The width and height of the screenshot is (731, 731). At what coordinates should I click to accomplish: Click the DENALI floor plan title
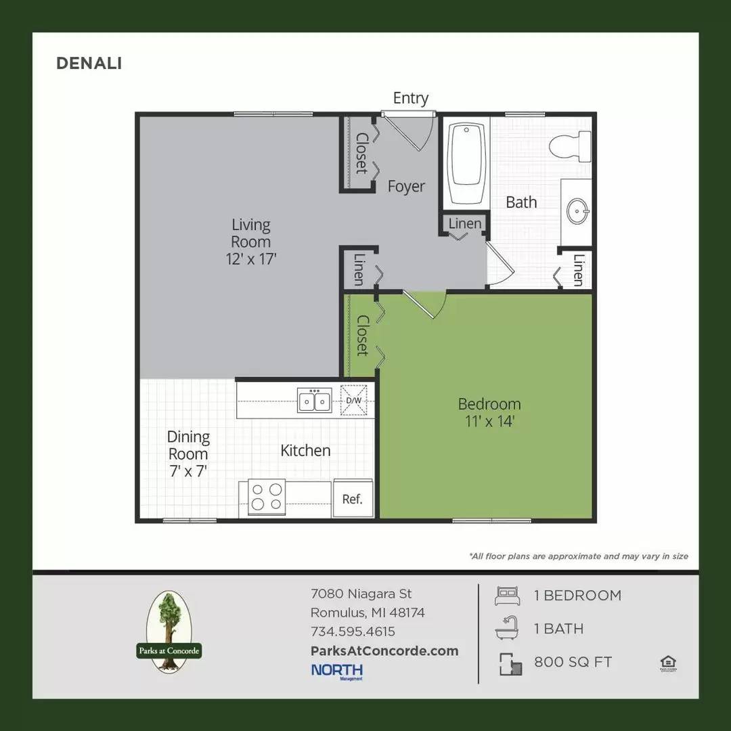[x=89, y=63]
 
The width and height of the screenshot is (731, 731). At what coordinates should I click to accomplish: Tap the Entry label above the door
[x=410, y=98]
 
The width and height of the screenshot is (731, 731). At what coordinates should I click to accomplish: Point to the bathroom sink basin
[x=577, y=211]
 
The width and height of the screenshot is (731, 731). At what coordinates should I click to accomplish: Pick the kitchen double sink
[x=315, y=401]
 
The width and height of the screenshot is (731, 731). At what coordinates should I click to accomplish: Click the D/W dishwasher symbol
[x=353, y=400]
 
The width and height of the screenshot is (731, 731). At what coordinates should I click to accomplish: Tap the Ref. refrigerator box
[x=352, y=500]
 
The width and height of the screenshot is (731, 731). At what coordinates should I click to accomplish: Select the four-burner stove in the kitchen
[x=267, y=495]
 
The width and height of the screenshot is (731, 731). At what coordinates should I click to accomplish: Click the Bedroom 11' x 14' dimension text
[x=489, y=422]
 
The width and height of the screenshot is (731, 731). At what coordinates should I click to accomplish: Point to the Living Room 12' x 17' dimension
[x=250, y=258]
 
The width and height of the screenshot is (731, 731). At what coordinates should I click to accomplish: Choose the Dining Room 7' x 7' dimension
[x=188, y=470]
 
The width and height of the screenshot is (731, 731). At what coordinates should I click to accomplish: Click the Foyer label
[x=406, y=186]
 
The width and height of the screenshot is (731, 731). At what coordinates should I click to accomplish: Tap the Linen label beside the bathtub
[x=465, y=223]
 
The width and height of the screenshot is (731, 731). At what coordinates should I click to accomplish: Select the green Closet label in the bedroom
[x=362, y=336]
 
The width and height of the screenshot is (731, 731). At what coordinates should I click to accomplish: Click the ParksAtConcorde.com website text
[x=384, y=650]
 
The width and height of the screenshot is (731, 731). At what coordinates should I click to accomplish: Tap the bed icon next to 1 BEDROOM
[x=507, y=596]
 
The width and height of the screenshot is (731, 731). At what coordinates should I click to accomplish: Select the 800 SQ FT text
[x=573, y=662]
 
